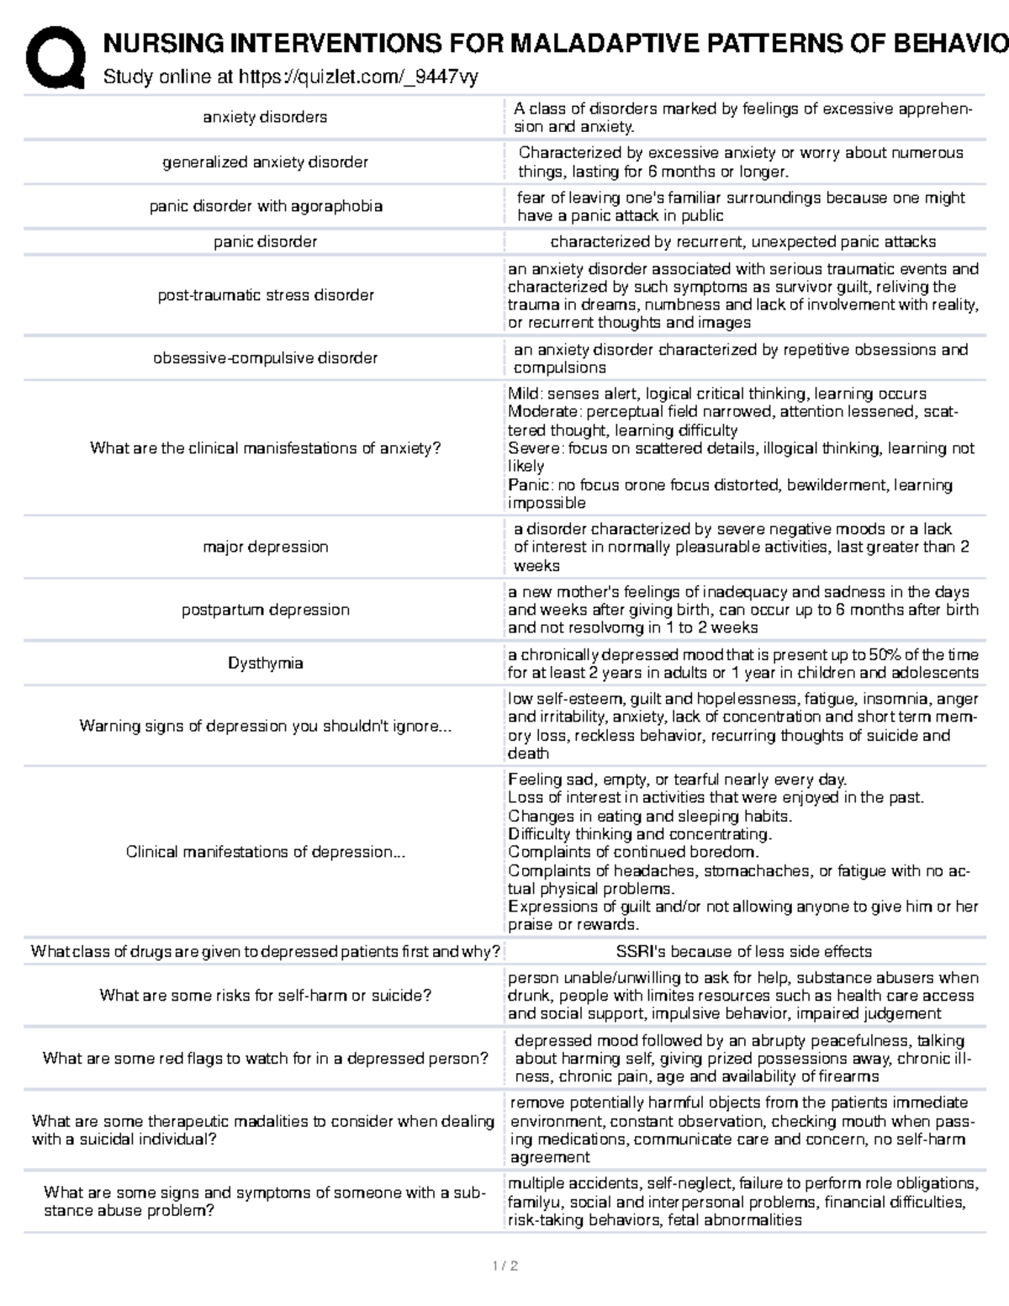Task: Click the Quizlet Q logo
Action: click(55, 57)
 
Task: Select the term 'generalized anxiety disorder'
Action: click(265, 162)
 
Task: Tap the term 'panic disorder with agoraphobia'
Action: click(265, 206)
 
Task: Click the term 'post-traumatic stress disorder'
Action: click(265, 295)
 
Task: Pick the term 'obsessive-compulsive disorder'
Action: click(265, 358)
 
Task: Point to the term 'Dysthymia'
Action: click(265, 664)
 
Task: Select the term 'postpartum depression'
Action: click(265, 610)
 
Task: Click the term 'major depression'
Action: click(265, 547)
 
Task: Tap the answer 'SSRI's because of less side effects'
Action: click(743, 952)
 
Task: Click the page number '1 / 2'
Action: click(504, 1266)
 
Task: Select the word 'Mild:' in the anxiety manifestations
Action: click(525, 394)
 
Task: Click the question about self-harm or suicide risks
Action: click(265, 996)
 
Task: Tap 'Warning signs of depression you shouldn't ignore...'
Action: click(265, 726)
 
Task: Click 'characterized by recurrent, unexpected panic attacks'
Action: click(743, 242)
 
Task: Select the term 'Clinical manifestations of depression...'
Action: click(265, 852)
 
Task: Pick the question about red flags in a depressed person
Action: click(265, 1059)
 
